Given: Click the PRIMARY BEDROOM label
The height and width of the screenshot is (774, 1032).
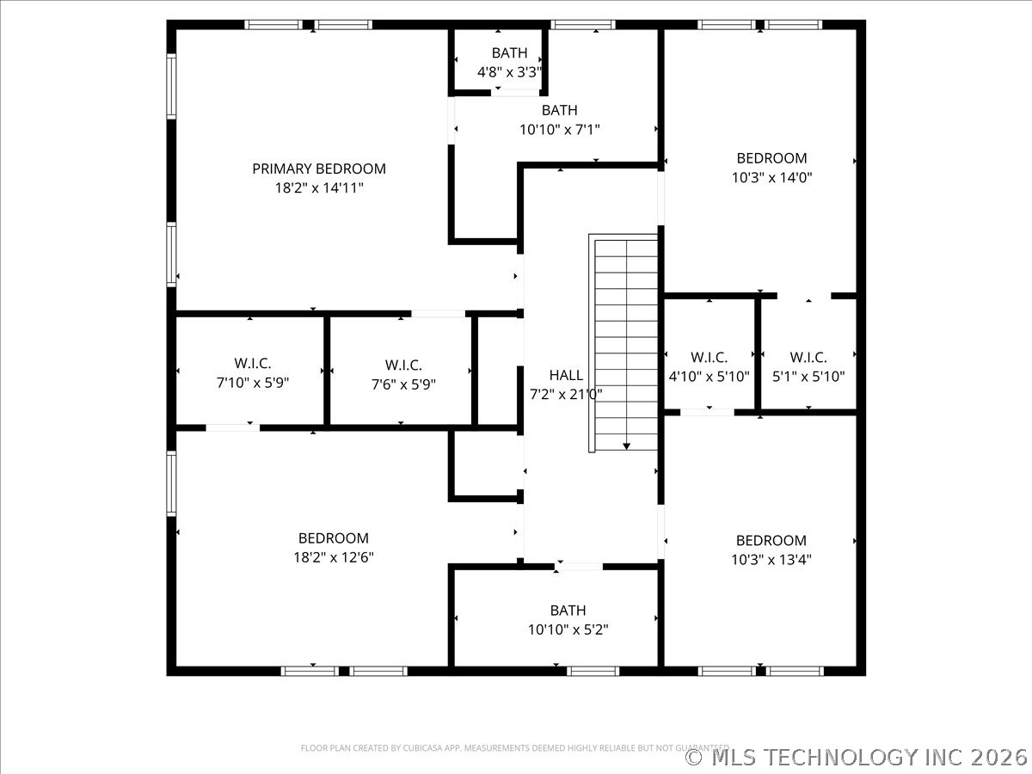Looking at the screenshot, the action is (319, 169).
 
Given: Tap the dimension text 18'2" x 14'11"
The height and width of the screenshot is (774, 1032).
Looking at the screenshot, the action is (319, 188).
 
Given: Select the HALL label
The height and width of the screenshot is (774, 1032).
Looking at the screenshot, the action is (566, 375).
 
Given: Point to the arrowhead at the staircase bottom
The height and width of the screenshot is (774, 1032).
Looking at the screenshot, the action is (626, 446).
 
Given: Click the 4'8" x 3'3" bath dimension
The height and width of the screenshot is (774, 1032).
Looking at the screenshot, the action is (510, 72).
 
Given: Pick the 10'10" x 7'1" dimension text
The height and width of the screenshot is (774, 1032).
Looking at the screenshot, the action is (560, 129).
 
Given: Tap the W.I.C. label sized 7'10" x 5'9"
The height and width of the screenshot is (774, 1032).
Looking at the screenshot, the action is (253, 363).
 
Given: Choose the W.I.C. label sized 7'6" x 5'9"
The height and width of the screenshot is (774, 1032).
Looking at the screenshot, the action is (403, 365).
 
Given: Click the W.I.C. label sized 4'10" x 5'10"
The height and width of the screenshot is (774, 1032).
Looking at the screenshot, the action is (709, 357).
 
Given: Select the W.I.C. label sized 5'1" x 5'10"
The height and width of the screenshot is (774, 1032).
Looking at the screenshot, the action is (808, 357).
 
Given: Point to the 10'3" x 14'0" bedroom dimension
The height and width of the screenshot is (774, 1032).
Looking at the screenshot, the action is (771, 178).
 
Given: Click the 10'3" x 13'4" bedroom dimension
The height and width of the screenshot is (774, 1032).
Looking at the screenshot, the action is (771, 560).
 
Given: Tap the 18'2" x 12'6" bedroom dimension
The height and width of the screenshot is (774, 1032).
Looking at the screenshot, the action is (334, 557).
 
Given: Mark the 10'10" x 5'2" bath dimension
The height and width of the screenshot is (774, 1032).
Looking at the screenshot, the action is (568, 630).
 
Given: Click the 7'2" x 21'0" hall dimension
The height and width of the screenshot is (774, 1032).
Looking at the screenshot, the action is (566, 394).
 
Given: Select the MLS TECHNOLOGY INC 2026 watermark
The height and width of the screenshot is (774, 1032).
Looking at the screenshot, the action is (856, 758).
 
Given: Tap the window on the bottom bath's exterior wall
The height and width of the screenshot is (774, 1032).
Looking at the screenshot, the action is (593, 671).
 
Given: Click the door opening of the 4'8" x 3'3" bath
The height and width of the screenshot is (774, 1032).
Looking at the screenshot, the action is (515, 93).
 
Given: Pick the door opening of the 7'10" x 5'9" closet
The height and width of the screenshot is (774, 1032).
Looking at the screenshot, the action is (233, 427).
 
